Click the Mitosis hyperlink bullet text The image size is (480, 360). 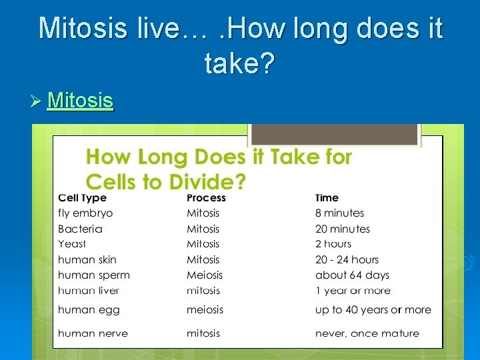click(80, 101)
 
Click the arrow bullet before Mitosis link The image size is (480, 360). click(36, 101)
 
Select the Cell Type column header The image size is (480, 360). click(82, 197)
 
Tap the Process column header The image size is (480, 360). click(206, 197)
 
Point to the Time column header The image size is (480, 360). click(327, 197)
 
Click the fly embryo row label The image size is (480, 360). click(85, 213)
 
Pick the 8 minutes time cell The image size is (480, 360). click(339, 213)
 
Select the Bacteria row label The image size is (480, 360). click(80, 229)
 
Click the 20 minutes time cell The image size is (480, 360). click(342, 229)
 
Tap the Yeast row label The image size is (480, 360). click(72, 244)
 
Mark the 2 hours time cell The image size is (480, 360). click(333, 244)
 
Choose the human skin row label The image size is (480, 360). click(87, 259)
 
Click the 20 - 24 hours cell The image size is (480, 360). click(347, 259)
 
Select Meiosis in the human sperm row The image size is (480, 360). click(205, 275)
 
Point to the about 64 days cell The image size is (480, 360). click(352, 275)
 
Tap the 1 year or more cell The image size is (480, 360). click(353, 290)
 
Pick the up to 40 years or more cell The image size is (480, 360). click(373, 309)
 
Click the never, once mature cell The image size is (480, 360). click(367, 333)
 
